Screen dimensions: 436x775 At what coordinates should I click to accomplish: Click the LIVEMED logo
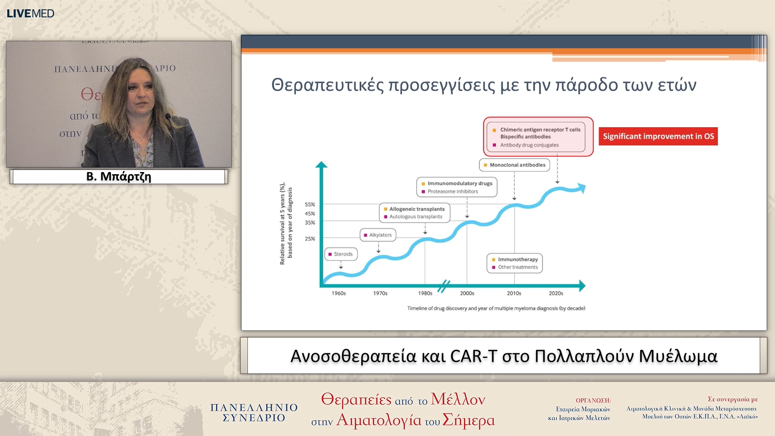tap(30, 13)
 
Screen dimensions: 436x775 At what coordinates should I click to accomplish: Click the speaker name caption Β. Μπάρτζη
tap(119, 176)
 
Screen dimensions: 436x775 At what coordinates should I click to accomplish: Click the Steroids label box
tap(341, 254)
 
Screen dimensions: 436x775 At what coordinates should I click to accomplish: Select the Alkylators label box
tap(378, 235)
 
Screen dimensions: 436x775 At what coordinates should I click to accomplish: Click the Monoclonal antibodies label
tap(515, 165)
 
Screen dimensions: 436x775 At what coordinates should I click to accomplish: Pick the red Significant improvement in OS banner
tap(658, 136)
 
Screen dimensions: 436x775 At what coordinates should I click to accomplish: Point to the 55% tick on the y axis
tap(310, 205)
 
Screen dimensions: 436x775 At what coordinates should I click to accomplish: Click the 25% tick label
tap(310, 239)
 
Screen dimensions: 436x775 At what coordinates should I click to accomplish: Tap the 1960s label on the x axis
tap(339, 293)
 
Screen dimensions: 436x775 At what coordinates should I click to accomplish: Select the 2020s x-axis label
tap(556, 293)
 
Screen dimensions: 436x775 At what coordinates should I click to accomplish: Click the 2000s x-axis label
tap(467, 293)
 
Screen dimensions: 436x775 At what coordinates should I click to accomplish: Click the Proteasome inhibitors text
tap(452, 191)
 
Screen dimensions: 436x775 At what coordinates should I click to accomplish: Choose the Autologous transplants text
tap(415, 217)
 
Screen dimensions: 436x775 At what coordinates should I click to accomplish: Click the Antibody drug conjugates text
tap(529, 145)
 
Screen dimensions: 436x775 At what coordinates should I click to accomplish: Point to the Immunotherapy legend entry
tap(517, 259)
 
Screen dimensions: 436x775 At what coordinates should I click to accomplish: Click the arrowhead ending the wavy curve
tap(582, 188)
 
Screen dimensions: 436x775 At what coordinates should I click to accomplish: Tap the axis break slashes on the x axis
tap(444, 286)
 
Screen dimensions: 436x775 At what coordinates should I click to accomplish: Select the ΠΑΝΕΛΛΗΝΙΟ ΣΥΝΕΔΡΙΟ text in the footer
tap(254, 412)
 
